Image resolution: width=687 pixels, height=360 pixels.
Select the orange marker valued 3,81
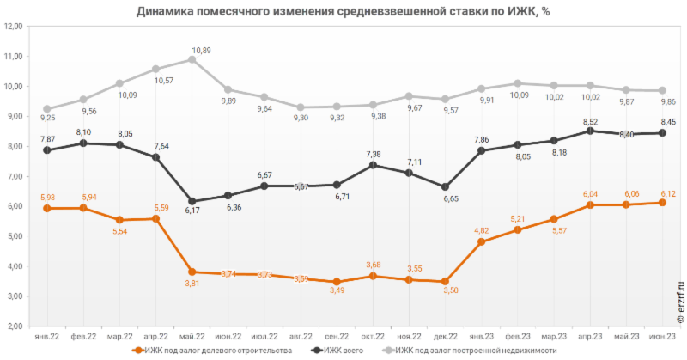pos(192,272)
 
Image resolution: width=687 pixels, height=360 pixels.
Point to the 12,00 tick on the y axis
pos(13,27)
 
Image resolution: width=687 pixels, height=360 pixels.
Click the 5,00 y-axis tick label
pos(13,236)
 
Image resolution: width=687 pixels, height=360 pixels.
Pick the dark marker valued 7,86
pos(482,150)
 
